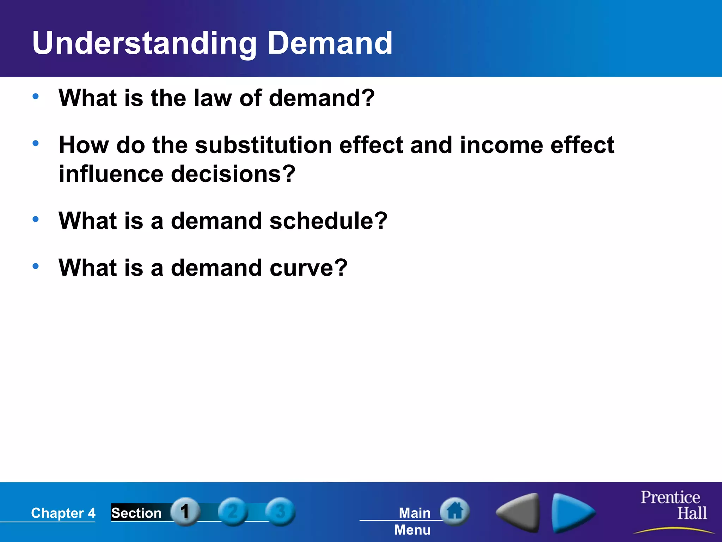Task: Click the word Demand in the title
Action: tap(330, 43)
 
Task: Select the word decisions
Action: tap(233, 174)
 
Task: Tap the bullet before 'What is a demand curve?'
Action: tap(36, 266)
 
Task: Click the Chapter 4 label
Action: tap(63, 513)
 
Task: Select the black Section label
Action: tap(136, 513)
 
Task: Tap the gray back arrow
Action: tap(519, 512)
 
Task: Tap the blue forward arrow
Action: tap(572, 512)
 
